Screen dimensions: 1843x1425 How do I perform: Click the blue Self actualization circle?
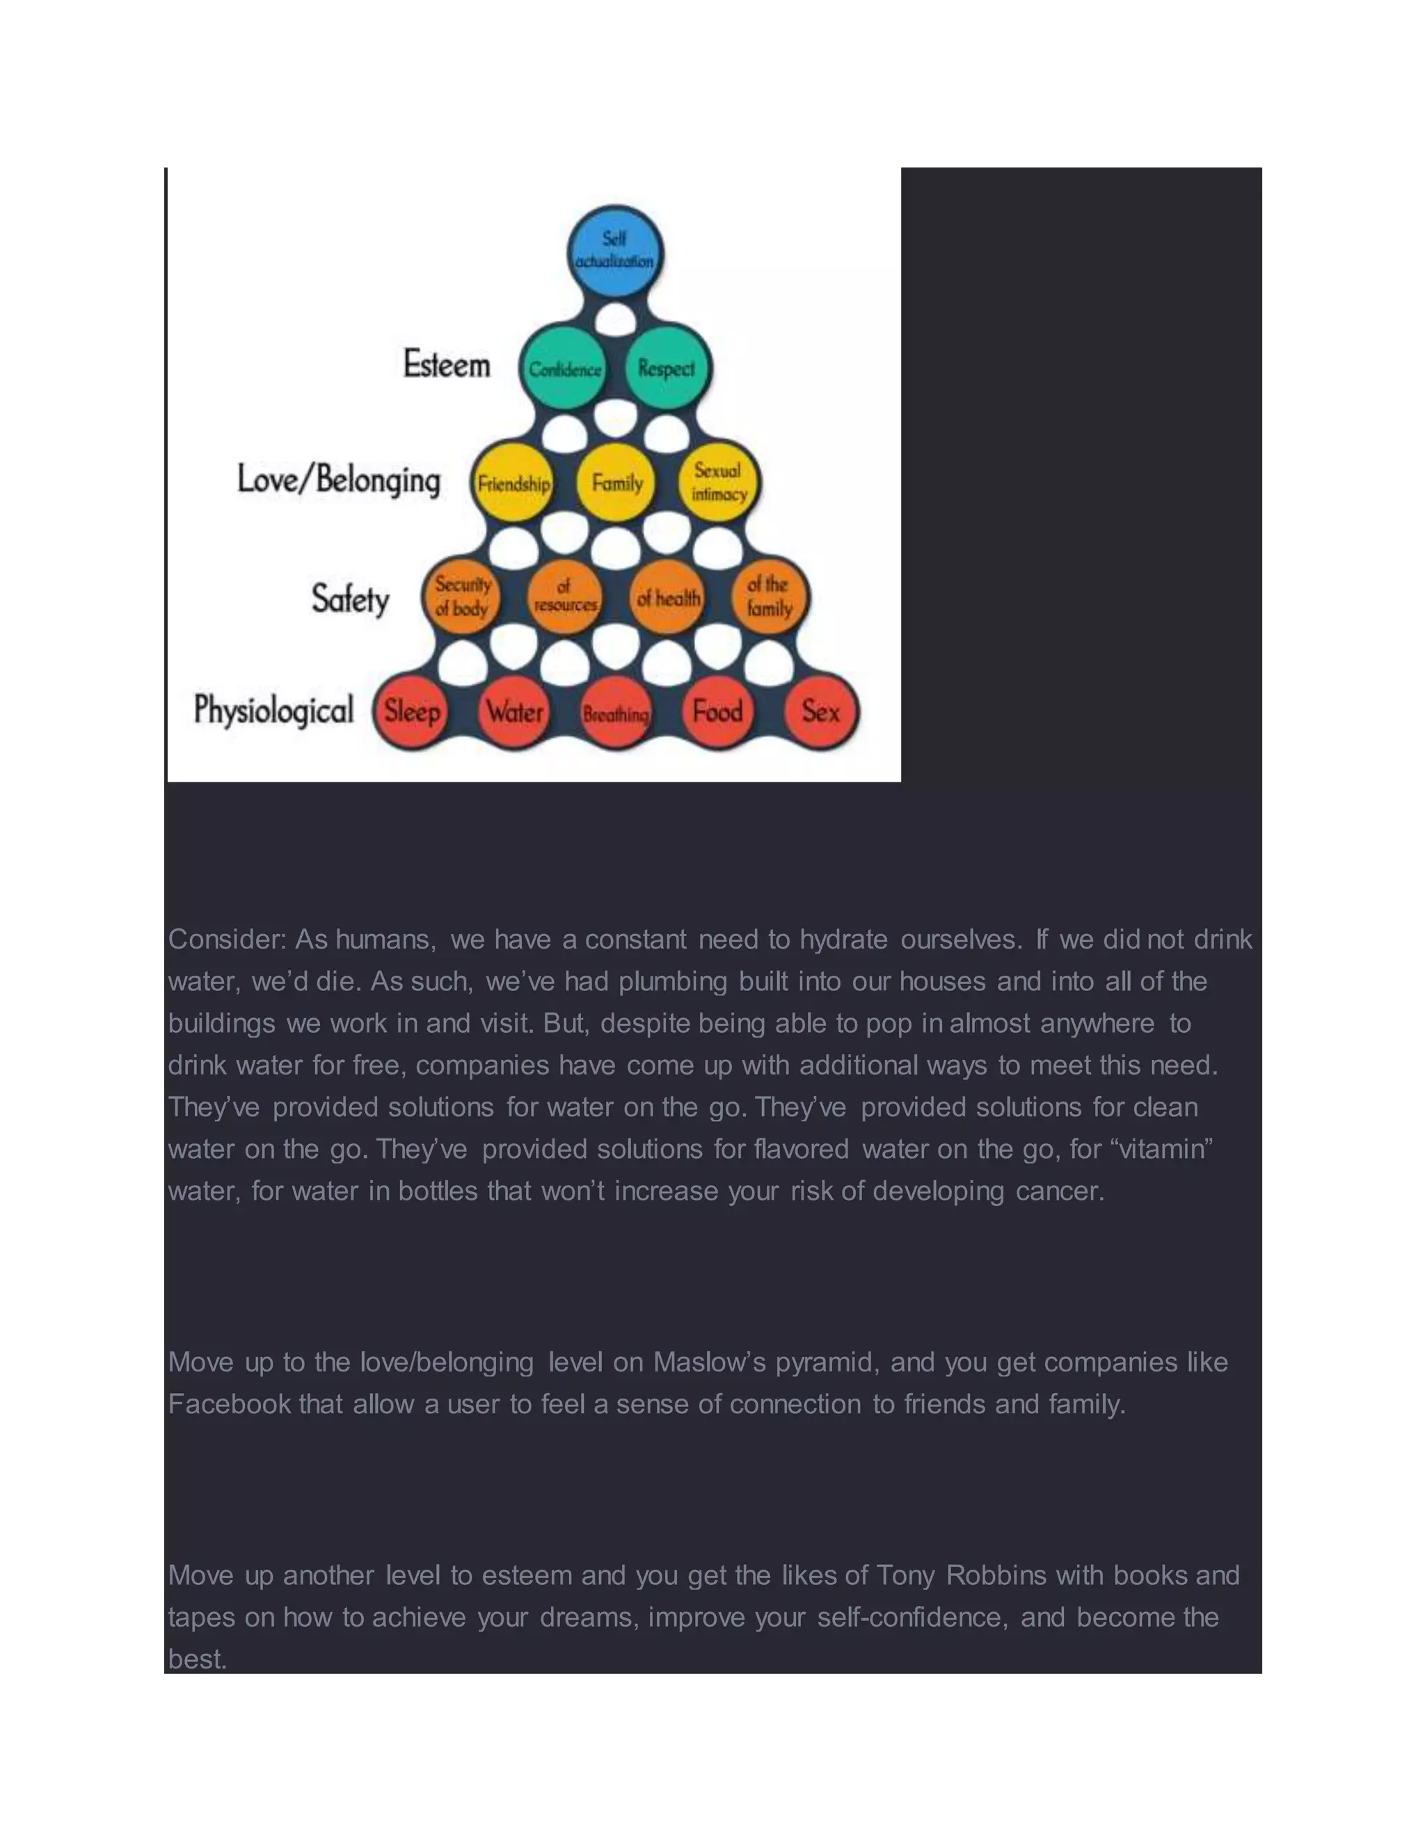615,252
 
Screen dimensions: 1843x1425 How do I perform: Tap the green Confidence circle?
564,368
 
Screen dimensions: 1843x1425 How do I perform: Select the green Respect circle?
667,368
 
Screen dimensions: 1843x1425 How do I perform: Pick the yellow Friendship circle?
512,483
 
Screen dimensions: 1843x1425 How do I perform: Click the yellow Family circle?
616,483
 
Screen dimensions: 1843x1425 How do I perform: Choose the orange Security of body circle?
462,597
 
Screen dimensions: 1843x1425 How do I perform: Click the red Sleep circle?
412,711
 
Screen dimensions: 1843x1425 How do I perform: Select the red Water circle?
514,711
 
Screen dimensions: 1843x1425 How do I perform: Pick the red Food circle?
717,711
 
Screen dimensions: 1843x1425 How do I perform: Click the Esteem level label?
447,364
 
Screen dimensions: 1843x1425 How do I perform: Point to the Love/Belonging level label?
339,479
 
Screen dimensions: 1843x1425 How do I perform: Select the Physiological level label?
273,709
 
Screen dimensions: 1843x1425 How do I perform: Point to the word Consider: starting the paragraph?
226,939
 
